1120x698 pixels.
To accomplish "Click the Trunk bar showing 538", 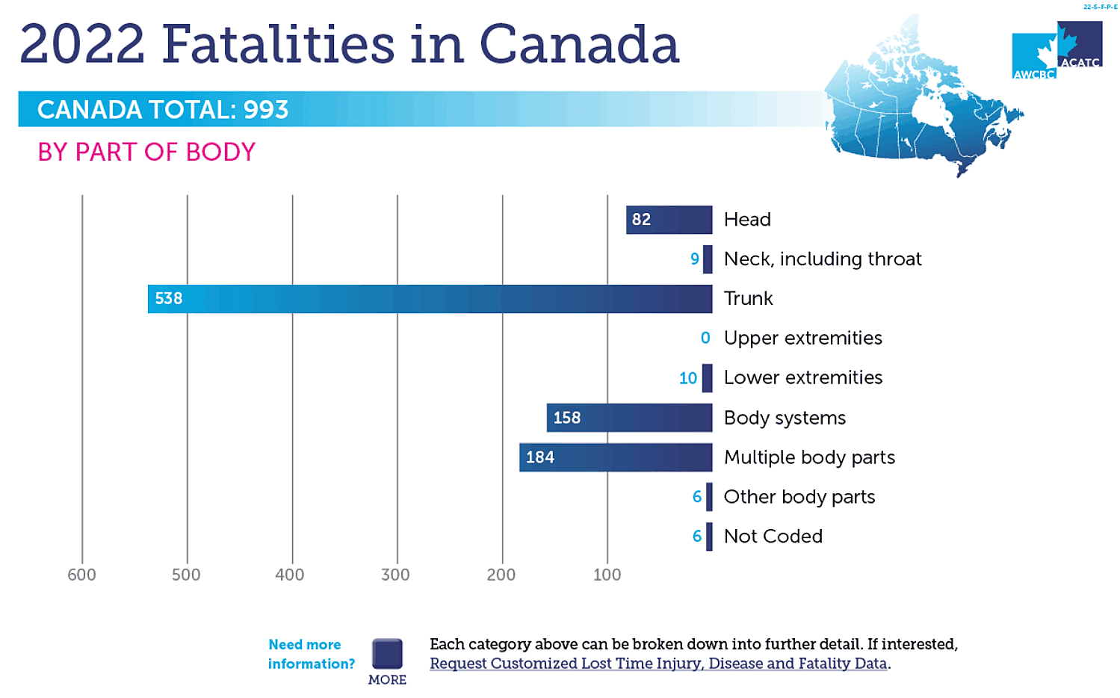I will [x=430, y=299].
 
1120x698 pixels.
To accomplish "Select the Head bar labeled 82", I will [x=669, y=220].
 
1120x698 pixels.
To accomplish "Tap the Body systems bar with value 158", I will [x=629, y=418].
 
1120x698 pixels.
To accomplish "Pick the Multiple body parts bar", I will [x=616, y=457].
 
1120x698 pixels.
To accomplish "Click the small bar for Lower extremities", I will [x=707, y=378].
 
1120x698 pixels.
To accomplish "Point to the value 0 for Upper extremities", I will [x=705, y=339].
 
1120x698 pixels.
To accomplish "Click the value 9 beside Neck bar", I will [x=694, y=259].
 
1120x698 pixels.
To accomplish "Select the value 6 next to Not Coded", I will [x=696, y=537].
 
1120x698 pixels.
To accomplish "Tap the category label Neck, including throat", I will [x=822, y=259].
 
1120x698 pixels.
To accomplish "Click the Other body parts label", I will [x=799, y=497].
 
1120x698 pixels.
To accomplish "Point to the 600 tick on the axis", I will [x=81, y=575].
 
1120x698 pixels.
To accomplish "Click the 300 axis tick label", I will [x=395, y=575].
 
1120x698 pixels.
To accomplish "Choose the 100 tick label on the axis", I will [x=607, y=575].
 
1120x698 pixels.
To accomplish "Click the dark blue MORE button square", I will [x=387, y=654].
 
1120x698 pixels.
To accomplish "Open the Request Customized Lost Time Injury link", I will [x=658, y=664].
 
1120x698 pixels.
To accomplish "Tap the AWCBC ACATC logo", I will [x=1056, y=51].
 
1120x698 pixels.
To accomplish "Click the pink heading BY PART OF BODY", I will [x=146, y=152].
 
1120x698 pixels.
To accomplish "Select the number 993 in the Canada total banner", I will [x=266, y=110].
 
